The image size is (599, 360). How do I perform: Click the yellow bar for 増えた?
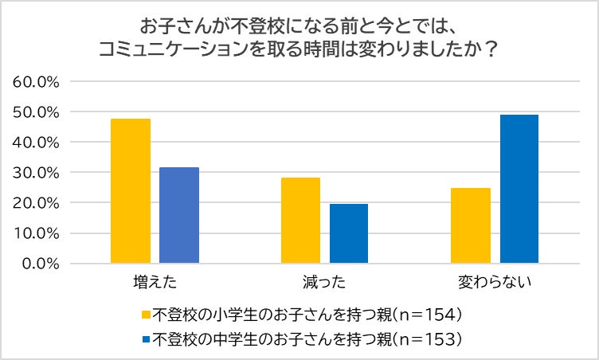click(131, 191)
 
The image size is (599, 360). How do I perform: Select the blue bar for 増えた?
click(179, 215)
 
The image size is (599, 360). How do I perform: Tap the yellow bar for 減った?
click(300, 221)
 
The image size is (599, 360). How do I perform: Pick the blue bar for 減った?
click(349, 233)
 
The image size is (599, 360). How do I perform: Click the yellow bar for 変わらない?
click(471, 225)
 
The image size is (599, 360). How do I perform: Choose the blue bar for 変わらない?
click(519, 189)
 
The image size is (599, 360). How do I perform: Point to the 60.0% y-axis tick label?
click(37, 81)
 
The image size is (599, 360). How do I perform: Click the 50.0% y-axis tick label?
click(37, 112)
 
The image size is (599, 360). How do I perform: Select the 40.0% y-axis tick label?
click(37, 142)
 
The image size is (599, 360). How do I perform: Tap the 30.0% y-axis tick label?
click(37, 172)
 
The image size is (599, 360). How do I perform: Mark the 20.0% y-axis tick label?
click(37, 202)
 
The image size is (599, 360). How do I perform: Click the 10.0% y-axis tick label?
click(37, 233)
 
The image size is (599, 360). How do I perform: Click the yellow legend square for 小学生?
click(146, 313)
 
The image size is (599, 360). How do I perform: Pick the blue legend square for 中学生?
click(146, 338)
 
